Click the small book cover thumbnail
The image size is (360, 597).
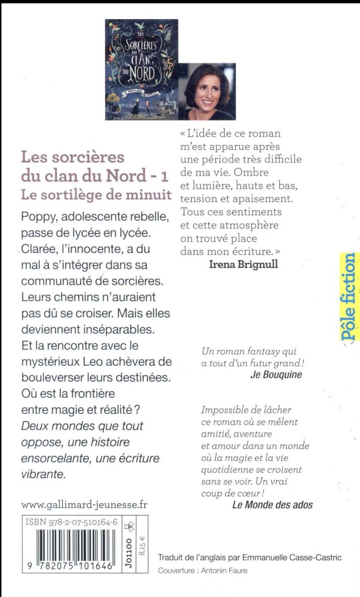point(141,69)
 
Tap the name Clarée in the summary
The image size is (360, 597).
point(40,246)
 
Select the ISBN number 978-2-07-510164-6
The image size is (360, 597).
point(76,521)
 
